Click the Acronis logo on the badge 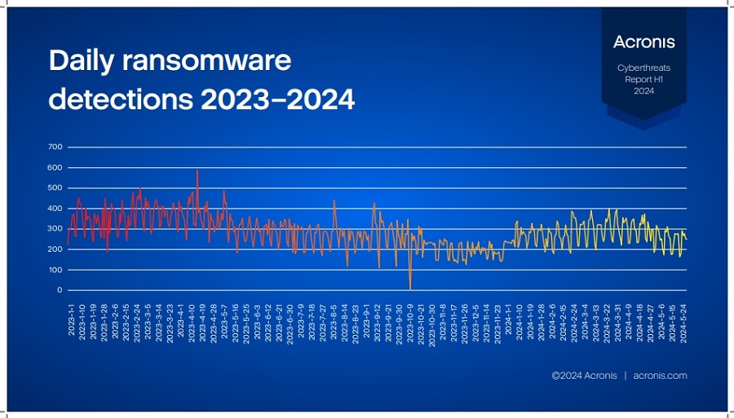click(643, 41)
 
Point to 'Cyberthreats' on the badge click(643, 69)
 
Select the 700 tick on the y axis click(55, 147)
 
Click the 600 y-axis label click(55, 168)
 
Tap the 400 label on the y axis click(55, 209)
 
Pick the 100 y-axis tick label click(55, 270)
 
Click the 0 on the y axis click(60, 290)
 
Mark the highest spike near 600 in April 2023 click(197, 171)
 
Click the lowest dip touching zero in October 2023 click(409, 288)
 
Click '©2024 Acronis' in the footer click(584, 376)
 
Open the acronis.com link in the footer click(660, 376)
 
